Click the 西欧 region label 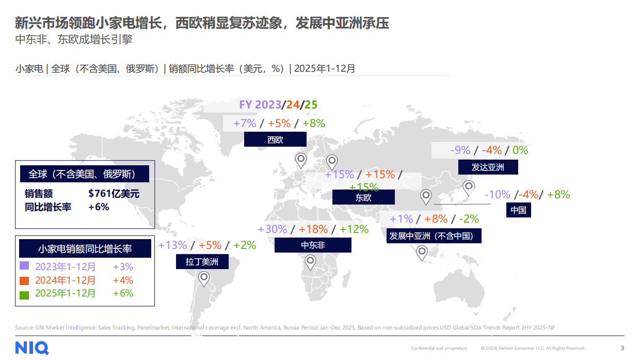275,139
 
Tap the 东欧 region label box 363,197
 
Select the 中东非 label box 313,245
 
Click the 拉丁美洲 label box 202,261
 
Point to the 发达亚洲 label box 488,167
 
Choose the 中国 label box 518,210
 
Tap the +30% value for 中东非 272,229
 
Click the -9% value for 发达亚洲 460,150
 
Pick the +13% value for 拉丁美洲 172,245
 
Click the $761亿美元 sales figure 114,194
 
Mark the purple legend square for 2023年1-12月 24,266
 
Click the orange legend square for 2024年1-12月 24,280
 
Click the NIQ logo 32,348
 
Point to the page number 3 622,348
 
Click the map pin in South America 204,279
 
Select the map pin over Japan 469,187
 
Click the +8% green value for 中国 558,195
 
